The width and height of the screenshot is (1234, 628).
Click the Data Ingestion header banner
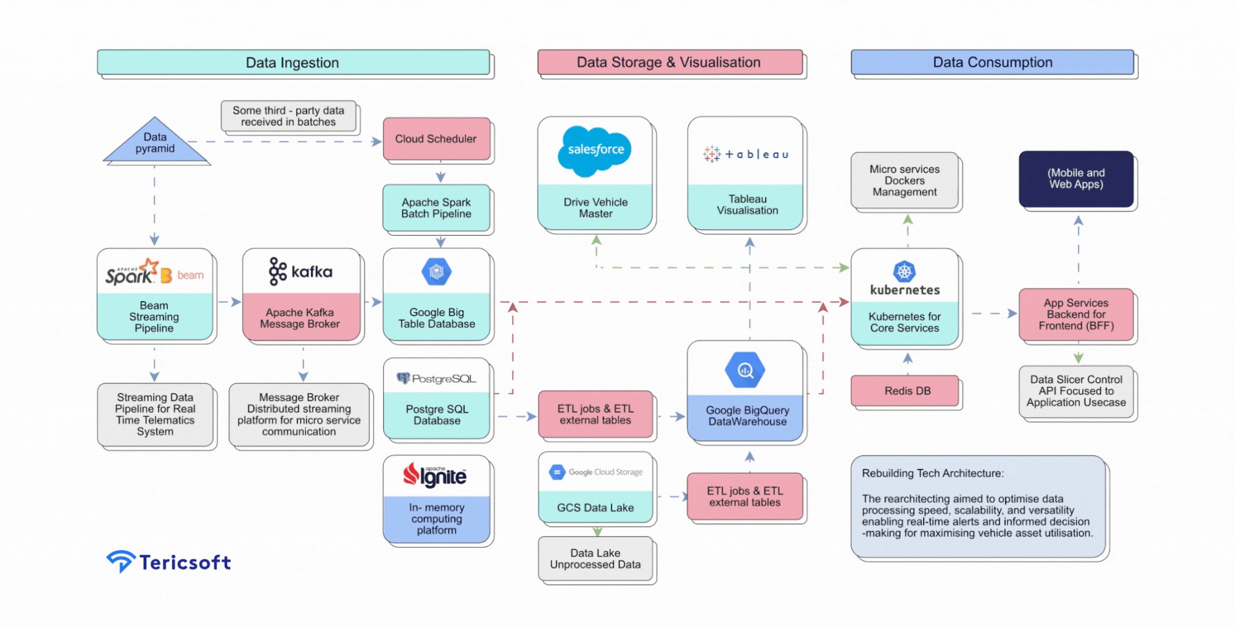pyautogui.click(x=293, y=62)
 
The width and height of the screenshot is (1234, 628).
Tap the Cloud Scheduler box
pyautogui.click(x=436, y=139)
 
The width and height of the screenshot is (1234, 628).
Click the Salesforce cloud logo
pyautogui.click(x=595, y=149)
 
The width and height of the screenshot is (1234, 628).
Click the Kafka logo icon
pyautogui.click(x=278, y=271)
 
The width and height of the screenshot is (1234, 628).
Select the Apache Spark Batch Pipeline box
pyautogui.click(x=436, y=208)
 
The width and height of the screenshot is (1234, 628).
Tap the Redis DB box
pyautogui.click(x=906, y=390)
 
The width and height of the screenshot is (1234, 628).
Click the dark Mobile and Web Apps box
pyautogui.click(x=1075, y=178)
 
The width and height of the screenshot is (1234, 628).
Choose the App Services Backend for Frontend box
pyautogui.click(x=1075, y=314)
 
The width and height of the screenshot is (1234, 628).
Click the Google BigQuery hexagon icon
pyautogui.click(x=745, y=370)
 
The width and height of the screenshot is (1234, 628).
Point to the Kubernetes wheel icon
pyautogui.click(x=905, y=271)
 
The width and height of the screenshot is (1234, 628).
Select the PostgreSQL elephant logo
pyautogui.click(x=404, y=378)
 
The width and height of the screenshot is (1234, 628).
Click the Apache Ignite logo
pyautogui.click(x=436, y=475)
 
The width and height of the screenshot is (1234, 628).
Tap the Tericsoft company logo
pyautogui.click(x=168, y=561)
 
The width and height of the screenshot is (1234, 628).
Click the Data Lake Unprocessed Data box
pyautogui.click(x=595, y=558)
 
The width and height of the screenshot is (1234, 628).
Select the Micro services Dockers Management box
pyautogui.click(x=905, y=180)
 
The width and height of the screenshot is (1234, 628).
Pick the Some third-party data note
pyautogui.click(x=288, y=116)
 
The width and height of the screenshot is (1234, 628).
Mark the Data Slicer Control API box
pyautogui.click(x=1075, y=391)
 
